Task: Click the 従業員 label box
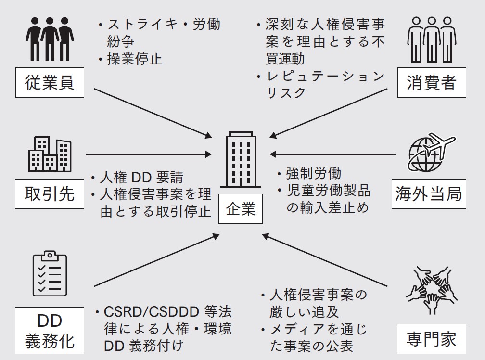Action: point(50,83)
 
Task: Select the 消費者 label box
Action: point(431,83)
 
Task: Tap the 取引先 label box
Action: point(50,193)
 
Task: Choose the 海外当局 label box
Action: point(428,193)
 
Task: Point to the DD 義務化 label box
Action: point(50,331)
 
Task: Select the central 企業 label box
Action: point(241,209)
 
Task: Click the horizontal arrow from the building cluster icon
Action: point(149,154)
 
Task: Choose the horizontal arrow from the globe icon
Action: point(332,154)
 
